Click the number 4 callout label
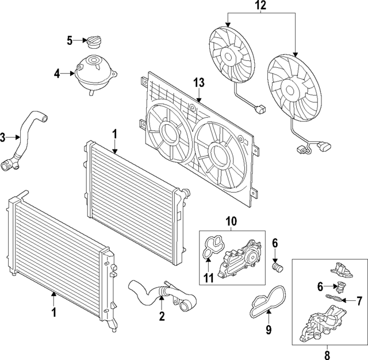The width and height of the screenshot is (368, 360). (57, 73)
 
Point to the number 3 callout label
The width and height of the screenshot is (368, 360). (3, 137)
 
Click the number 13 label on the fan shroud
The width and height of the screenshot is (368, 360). (198, 83)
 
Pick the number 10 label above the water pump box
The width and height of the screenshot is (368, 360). (230, 221)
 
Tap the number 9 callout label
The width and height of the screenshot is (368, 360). (267, 330)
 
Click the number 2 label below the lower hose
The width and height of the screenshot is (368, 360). (162, 316)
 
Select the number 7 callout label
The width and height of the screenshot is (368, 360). (359, 300)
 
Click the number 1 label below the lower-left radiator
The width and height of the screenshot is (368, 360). (53, 312)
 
